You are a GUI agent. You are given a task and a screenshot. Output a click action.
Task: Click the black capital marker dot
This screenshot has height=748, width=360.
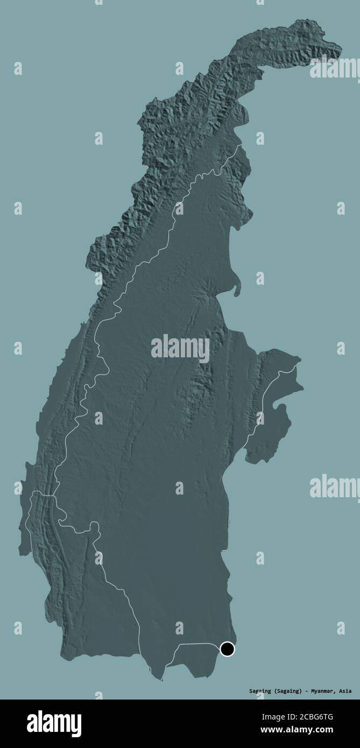pos(228,649)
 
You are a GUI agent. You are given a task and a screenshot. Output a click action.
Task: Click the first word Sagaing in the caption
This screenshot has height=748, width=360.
pos(261,691)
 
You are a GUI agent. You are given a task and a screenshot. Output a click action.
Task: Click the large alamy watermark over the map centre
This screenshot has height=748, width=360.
pos(180,349)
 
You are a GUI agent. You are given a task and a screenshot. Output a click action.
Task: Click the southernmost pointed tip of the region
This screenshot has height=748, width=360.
pos(160,679)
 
